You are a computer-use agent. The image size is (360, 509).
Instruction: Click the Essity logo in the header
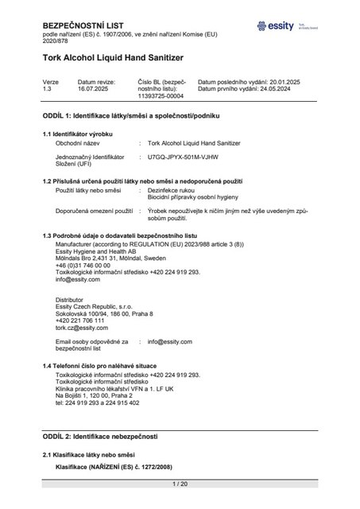pos(278,26)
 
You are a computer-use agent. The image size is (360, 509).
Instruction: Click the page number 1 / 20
pos(180,484)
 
